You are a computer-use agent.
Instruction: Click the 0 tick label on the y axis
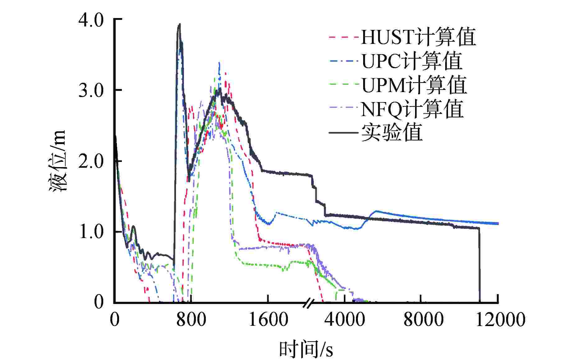(x=99, y=302)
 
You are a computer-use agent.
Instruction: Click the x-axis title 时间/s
(x=306, y=349)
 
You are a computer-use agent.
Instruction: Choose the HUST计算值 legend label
(x=418, y=37)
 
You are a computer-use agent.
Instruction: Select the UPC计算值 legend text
(x=412, y=61)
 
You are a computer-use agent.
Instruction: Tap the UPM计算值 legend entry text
(x=414, y=85)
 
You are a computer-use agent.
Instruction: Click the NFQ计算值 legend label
(x=412, y=109)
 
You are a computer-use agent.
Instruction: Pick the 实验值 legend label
(x=392, y=133)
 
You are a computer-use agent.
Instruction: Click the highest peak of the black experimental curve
(x=179, y=24)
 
